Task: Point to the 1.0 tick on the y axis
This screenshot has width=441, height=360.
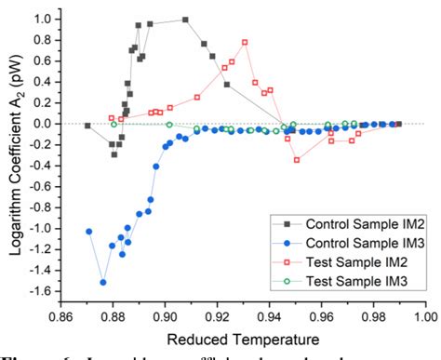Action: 44,18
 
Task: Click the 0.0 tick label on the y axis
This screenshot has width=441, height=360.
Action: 44,123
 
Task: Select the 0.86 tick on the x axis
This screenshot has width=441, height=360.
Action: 61,314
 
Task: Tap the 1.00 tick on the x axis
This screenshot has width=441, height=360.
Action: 425,314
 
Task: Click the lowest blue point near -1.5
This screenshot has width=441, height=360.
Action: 103,282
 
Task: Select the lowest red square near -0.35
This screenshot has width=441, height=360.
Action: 297,160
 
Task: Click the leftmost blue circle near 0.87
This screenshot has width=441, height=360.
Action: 89,231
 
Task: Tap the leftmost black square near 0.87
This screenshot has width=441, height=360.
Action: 87,125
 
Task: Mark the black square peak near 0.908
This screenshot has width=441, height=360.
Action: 185,20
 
